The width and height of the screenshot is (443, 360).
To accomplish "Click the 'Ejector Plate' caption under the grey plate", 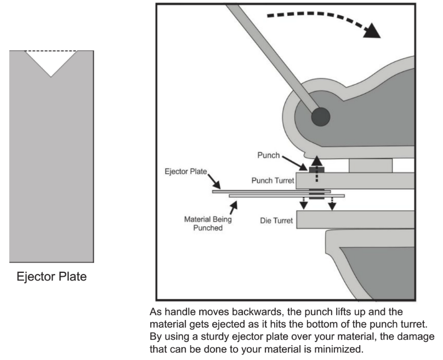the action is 52,276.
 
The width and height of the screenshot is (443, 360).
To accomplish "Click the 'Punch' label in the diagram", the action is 269,155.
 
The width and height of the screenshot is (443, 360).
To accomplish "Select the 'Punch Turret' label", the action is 273,180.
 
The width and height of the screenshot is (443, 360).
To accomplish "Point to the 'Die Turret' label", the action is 276,220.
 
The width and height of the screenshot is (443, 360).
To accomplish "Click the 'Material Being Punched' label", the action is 208,224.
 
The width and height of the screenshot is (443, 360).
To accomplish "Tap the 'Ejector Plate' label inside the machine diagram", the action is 186,172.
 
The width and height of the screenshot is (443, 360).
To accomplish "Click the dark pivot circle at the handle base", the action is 321,117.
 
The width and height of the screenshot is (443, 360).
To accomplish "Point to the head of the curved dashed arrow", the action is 372,31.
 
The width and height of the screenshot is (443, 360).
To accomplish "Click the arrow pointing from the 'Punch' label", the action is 294,163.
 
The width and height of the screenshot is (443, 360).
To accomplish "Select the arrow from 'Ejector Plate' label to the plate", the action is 214,181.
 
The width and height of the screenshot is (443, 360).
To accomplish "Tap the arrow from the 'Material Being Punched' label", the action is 234,208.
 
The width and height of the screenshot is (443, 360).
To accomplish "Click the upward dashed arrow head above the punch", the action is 317,161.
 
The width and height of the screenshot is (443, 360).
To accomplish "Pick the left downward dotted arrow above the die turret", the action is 304,203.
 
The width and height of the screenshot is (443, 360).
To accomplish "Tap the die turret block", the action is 355,219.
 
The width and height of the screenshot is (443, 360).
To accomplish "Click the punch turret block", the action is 355,181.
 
